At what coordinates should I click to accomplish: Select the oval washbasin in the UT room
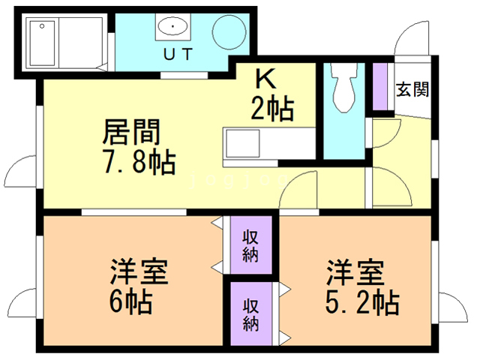pyautogui.click(x=173, y=28)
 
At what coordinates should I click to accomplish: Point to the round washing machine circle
pyautogui.click(x=228, y=33)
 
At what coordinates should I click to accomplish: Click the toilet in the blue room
pyautogui.click(x=343, y=88)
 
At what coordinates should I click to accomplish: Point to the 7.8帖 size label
pyautogui.click(x=139, y=161)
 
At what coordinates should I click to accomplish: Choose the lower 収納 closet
pyautogui.click(x=250, y=314)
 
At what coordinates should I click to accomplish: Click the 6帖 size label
pyautogui.click(x=130, y=302)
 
